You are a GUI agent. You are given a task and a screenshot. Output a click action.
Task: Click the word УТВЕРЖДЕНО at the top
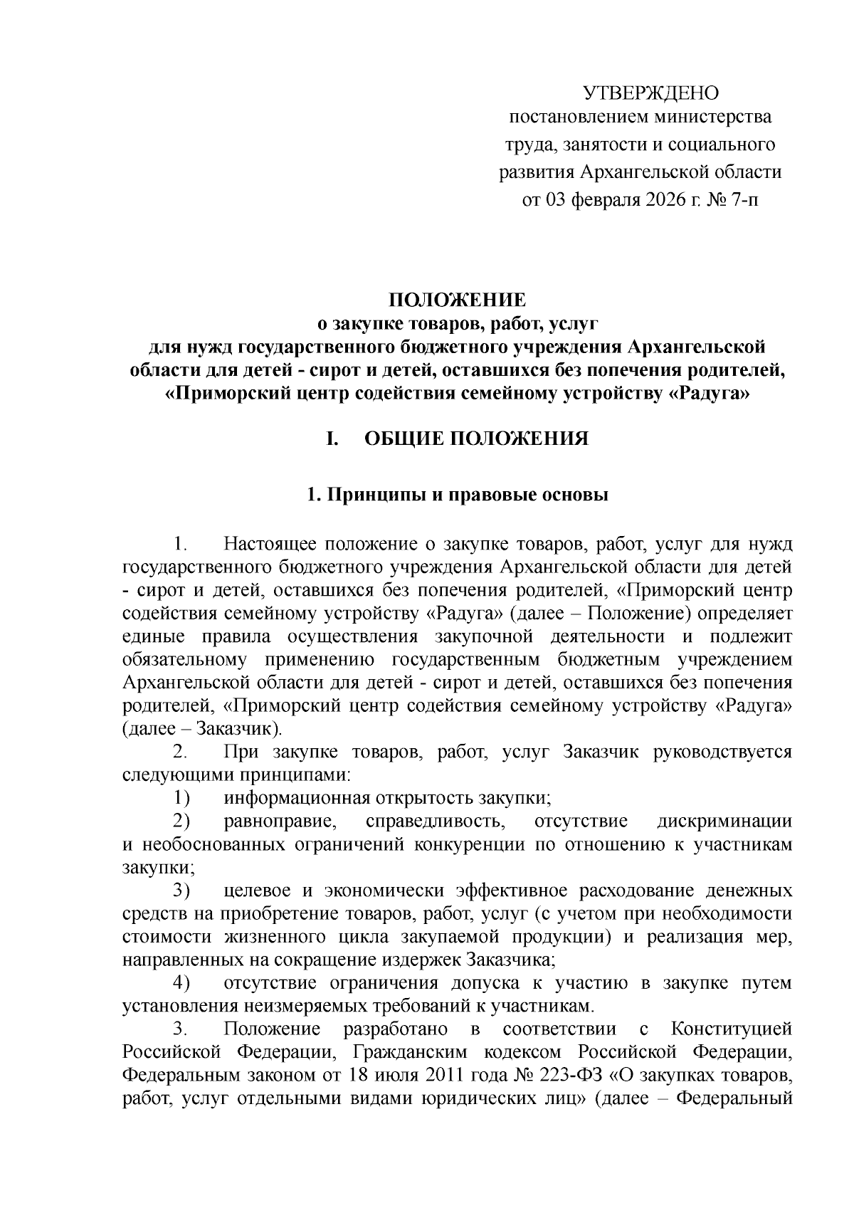tap(651, 93)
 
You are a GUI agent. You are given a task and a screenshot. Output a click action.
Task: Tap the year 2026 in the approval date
tap(668, 201)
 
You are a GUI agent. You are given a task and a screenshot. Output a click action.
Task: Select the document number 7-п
tap(744, 201)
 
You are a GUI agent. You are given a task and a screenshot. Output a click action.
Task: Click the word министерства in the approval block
tap(712, 116)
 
